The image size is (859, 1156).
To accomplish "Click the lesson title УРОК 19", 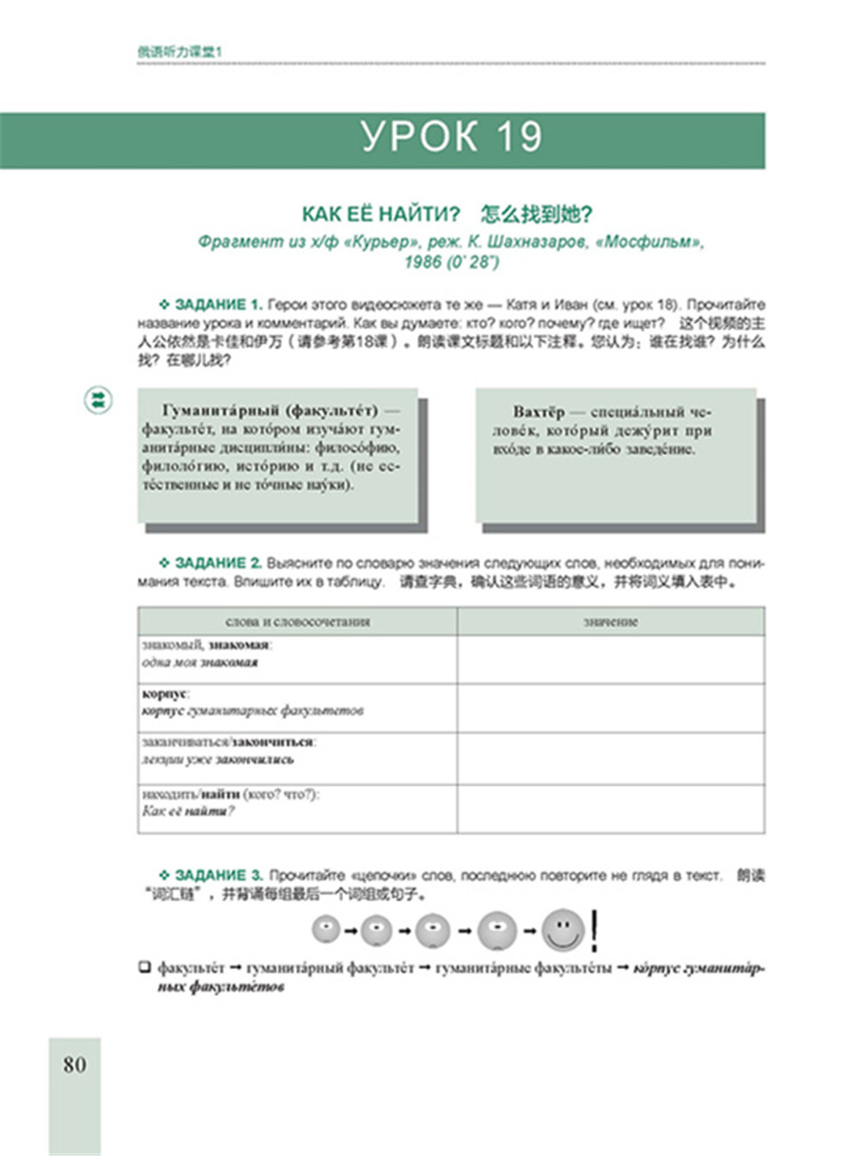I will coord(451,137).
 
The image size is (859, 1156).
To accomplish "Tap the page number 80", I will coord(75,1065).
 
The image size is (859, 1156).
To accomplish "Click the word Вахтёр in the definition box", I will coord(539,412).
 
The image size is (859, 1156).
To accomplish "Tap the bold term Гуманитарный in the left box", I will coord(220,411).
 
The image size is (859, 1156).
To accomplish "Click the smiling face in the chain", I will coord(563,930).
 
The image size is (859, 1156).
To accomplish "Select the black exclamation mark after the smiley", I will coord(595,930).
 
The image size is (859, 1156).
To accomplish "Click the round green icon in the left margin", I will coord(99,399).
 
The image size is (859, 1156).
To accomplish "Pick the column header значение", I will coord(610,622).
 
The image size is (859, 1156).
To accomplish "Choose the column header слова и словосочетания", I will coord(297,622).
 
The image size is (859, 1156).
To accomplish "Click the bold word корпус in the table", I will coord(164,694).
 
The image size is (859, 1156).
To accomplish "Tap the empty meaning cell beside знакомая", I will coord(610,660).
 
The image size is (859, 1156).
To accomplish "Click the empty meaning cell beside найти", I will coord(610,808).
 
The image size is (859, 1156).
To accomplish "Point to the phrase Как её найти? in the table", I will coord(188,812).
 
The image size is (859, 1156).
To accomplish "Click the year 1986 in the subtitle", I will coord(423,262).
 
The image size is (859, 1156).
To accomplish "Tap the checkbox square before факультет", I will coord(145,968).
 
